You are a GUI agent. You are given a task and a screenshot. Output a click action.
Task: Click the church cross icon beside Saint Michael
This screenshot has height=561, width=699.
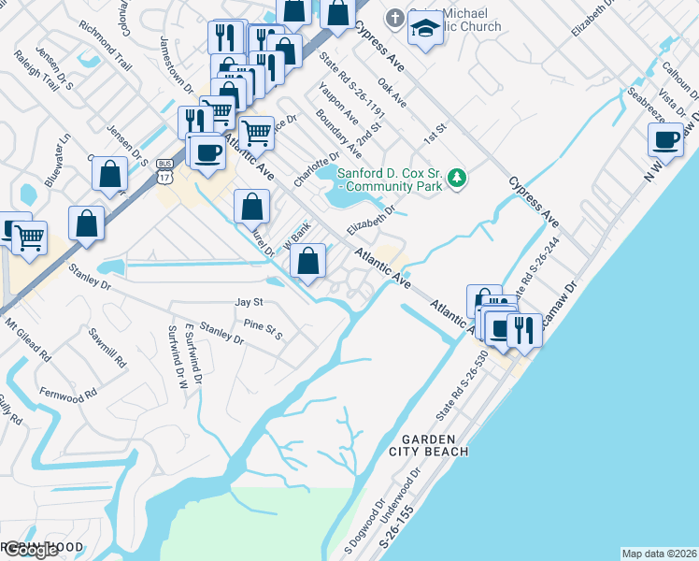pyautogui.click(x=395, y=18)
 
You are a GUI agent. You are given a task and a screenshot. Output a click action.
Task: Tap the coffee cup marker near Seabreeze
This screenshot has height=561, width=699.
pyautogui.click(x=666, y=139)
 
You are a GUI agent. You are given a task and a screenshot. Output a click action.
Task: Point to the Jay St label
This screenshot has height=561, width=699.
pyautogui.click(x=250, y=303)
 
